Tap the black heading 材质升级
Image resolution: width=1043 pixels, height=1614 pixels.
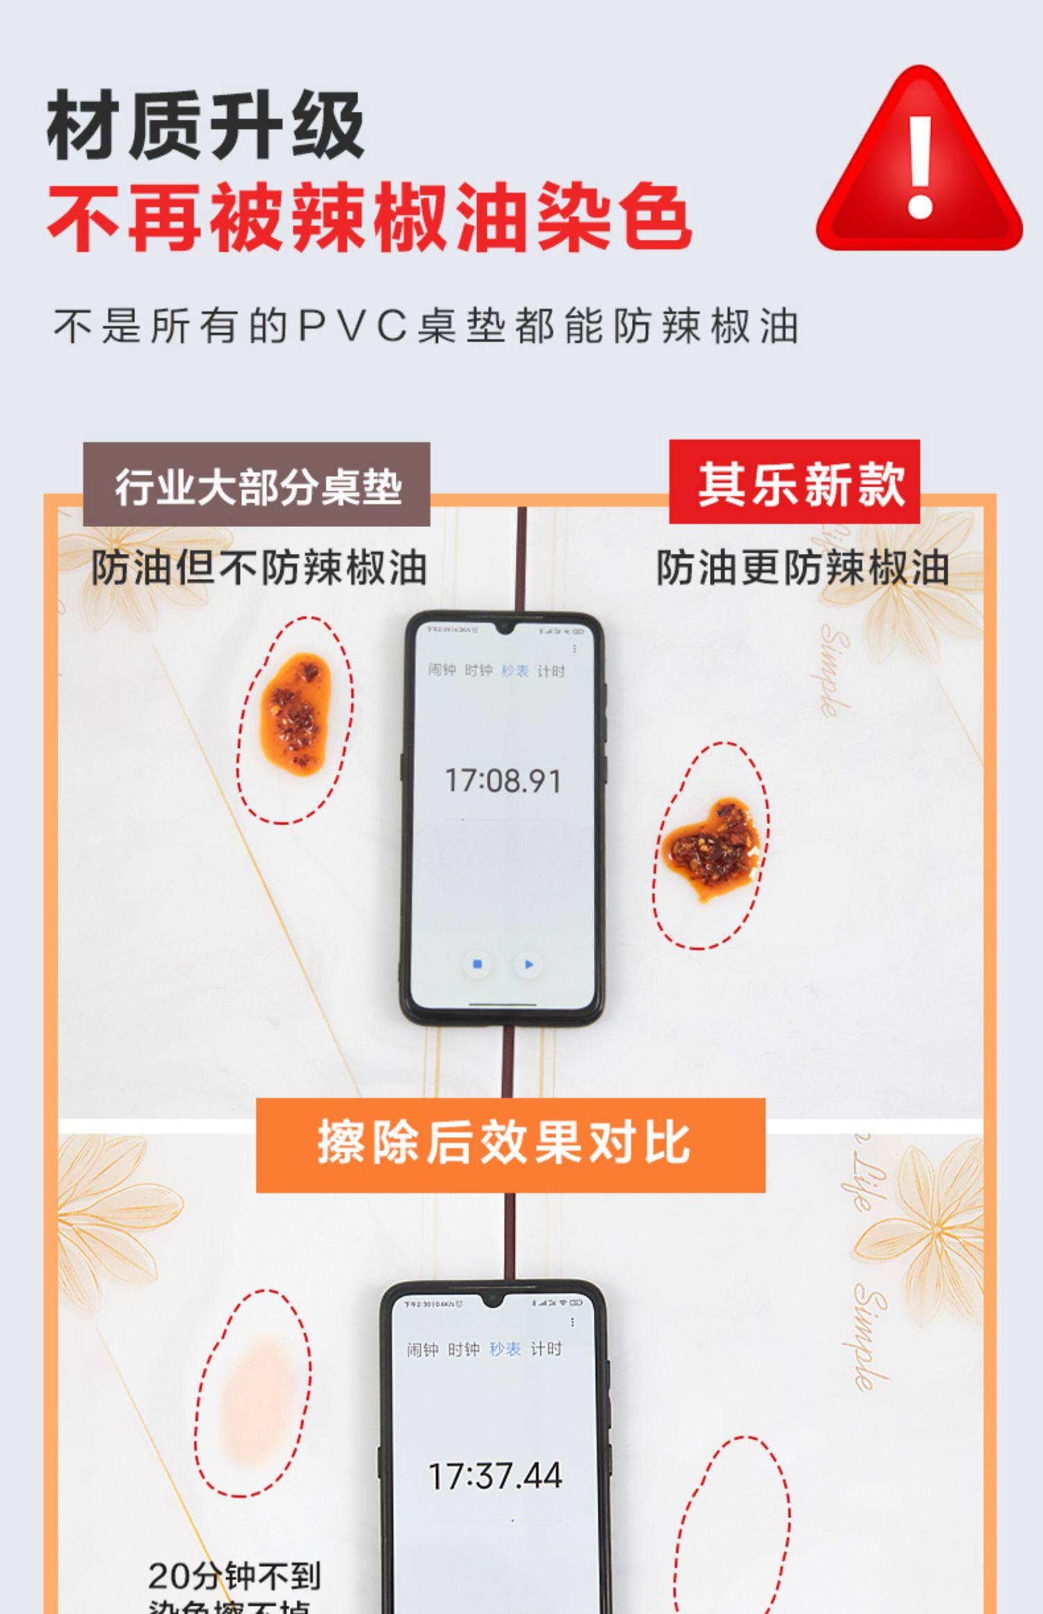206,126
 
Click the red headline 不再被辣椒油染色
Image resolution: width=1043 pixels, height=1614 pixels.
369,218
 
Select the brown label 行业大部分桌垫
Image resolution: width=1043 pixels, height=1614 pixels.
257,486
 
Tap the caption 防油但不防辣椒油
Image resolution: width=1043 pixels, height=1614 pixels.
259,568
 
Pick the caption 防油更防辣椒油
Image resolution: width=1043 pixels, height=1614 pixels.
802,568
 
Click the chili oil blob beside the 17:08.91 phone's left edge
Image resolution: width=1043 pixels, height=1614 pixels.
295,711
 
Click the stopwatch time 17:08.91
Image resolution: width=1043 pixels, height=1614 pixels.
503,781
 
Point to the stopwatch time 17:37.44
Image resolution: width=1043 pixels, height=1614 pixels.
495,1476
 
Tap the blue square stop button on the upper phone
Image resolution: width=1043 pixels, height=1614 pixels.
477,964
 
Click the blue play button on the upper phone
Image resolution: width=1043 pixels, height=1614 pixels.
528,964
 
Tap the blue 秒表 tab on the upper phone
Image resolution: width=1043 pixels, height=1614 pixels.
515,670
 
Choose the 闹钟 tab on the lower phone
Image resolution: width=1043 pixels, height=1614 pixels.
423,1349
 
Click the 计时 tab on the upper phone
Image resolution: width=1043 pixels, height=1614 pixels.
551,671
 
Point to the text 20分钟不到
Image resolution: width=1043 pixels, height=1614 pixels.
234,1576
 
